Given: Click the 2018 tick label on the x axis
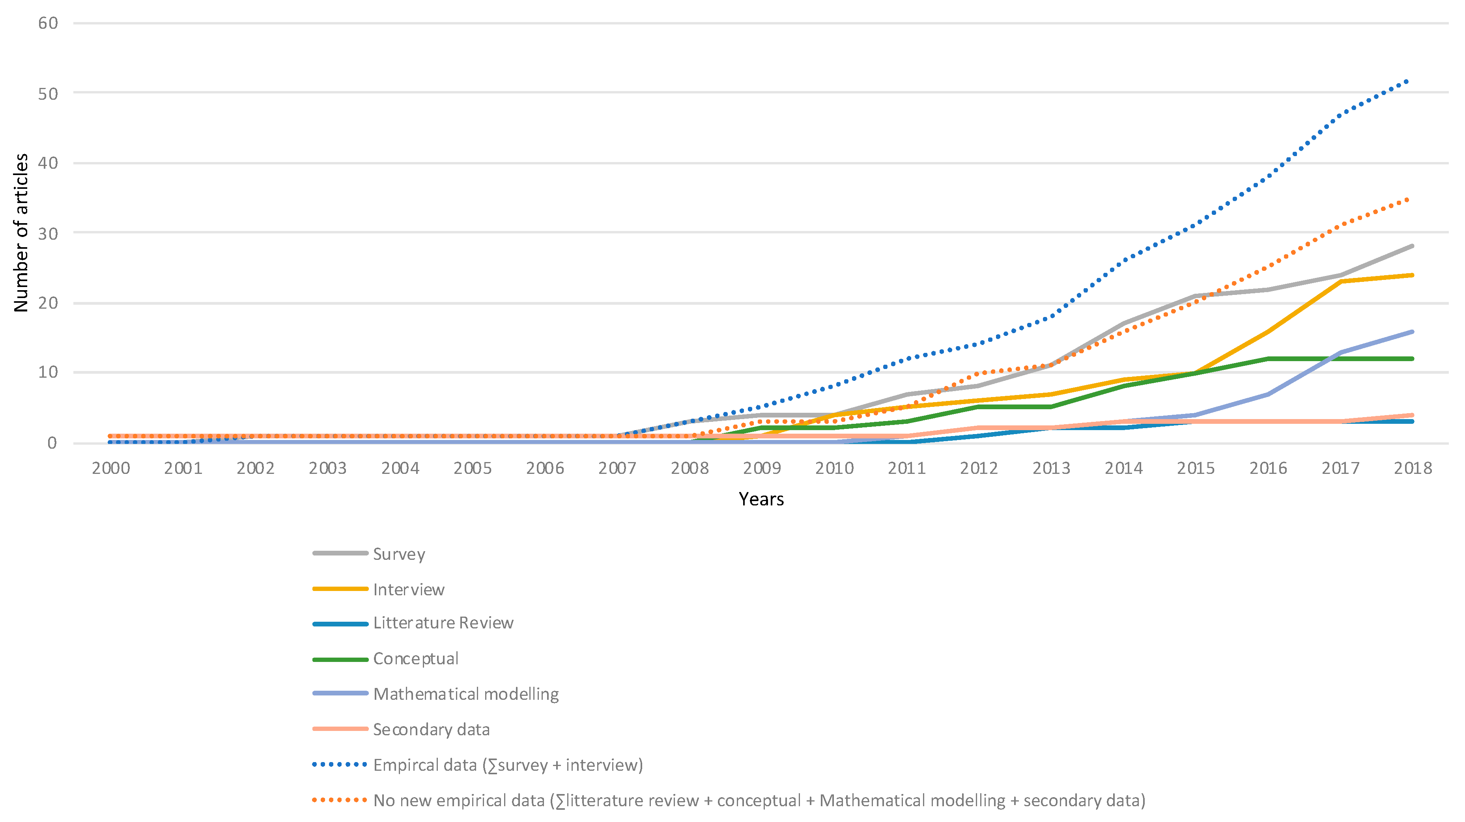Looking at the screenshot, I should click(x=1413, y=468).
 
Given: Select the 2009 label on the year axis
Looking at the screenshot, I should click(x=762, y=468).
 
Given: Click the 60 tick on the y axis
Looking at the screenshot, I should click(x=49, y=23).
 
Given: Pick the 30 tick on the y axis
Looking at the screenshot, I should click(x=49, y=233).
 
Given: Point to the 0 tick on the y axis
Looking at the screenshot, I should click(x=52, y=443).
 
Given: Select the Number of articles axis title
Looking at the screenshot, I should click(x=21, y=233).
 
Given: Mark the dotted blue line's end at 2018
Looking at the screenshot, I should click(x=1408, y=81).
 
